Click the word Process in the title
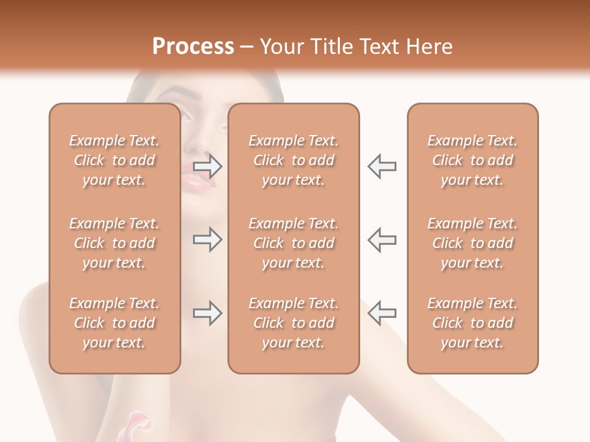point(193,47)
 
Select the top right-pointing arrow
point(208,166)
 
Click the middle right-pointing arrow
point(208,239)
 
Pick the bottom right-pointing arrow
point(208,313)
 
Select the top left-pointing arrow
point(382,166)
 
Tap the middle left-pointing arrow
point(382,239)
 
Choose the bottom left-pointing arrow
point(382,313)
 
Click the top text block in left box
point(114,160)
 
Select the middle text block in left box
point(114,243)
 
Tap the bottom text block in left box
point(114,323)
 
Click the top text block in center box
point(294,160)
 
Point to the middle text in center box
point(294,243)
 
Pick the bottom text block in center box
point(294,323)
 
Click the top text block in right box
point(473,160)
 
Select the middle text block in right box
point(473,243)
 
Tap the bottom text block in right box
point(473,323)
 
